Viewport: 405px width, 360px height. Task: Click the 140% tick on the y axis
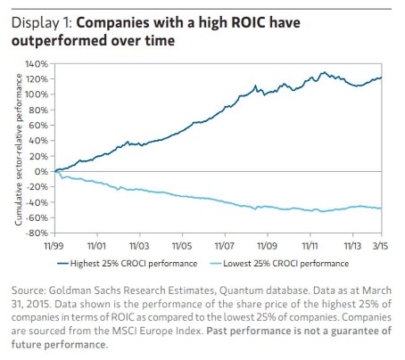tap(36, 64)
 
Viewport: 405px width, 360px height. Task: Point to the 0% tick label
tap(40, 171)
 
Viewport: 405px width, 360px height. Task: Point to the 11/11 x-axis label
tap(309, 244)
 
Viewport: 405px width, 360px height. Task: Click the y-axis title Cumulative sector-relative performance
tap(18, 148)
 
